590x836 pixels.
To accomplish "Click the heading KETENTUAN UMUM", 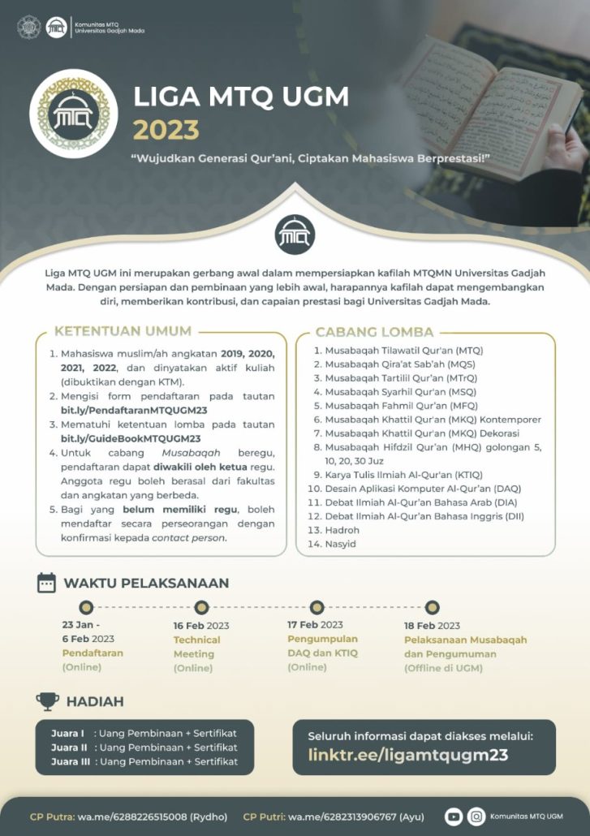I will tap(123, 331).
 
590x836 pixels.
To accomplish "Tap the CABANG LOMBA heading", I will tap(374, 331).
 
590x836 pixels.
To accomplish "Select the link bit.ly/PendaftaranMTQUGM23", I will tap(134, 410).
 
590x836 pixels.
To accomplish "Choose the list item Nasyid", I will tap(341, 544).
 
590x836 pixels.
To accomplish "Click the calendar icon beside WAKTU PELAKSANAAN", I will tap(47, 583).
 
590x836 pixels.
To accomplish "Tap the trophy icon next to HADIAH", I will tap(47, 701).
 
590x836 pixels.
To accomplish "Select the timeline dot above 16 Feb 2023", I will tap(201, 607).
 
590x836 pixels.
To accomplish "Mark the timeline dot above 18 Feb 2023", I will tap(433, 607).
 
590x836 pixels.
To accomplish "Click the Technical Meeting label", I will tap(196, 647).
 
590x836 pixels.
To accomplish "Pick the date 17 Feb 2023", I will tap(315, 624).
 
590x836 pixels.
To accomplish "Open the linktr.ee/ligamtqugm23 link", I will tap(407, 755).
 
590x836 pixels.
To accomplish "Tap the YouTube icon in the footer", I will tap(454, 816).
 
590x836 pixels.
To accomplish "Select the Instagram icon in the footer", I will tap(477, 816).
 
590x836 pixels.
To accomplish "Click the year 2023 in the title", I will tap(166, 129).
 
